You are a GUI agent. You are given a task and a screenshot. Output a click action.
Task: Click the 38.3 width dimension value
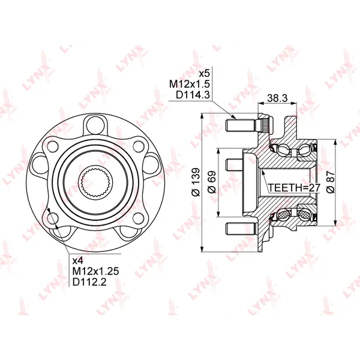[277, 98]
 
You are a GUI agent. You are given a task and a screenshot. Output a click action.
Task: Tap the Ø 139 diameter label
[196, 182]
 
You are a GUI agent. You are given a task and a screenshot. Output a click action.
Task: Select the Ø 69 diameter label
[211, 182]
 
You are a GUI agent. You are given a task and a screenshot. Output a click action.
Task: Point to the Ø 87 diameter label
[331, 182]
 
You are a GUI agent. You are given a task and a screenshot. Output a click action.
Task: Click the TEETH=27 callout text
[294, 188]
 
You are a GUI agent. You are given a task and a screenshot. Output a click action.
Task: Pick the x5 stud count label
[204, 74]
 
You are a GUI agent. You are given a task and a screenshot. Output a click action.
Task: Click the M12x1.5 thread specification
[190, 84]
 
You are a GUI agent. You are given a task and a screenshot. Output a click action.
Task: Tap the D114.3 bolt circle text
[193, 95]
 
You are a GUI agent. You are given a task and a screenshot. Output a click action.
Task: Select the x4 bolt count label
[79, 260]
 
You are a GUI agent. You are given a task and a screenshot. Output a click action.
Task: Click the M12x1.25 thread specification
[96, 271]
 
